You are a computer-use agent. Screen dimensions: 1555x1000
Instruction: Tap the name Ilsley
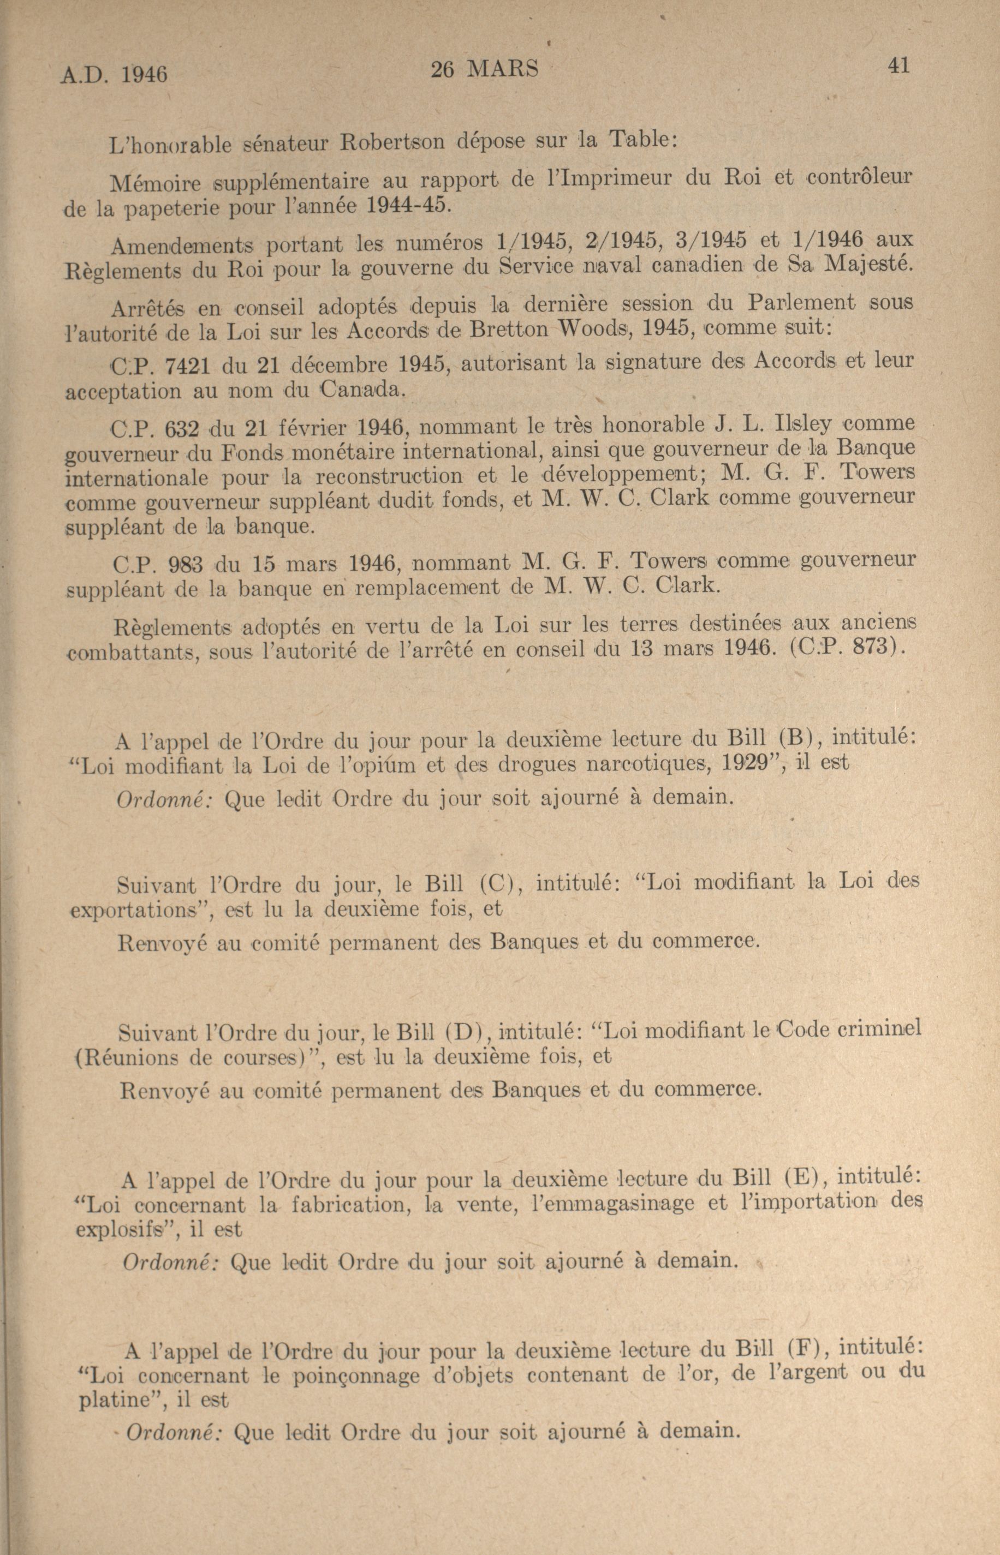pos(803,424)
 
